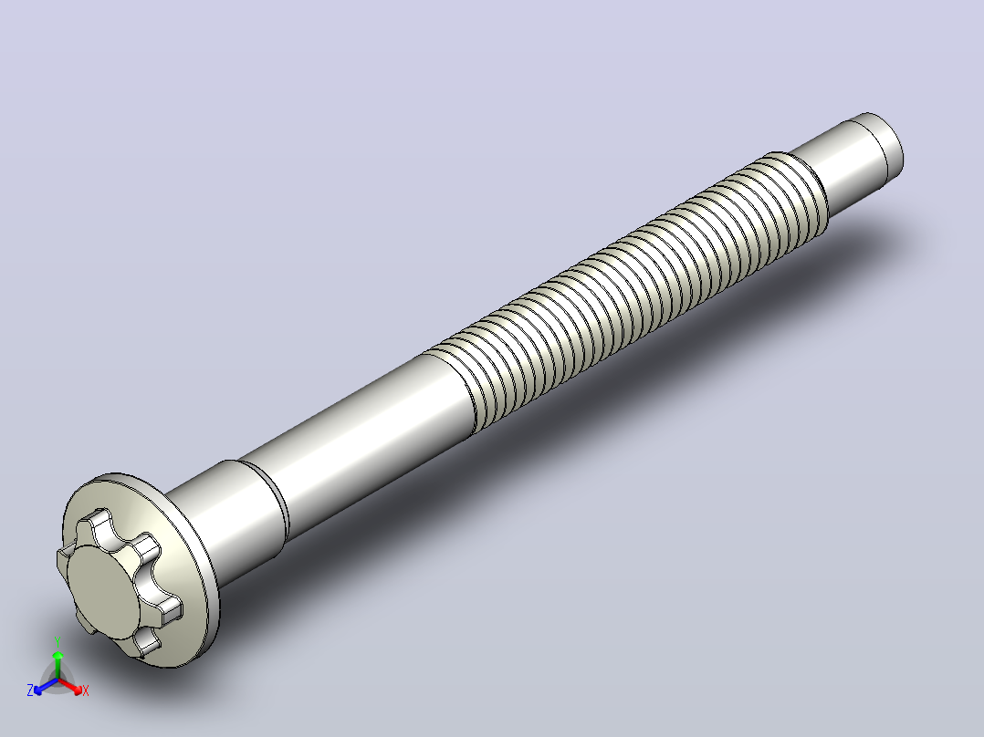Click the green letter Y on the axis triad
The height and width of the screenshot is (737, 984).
(x=58, y=641)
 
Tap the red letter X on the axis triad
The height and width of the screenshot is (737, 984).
(x=86, y=690)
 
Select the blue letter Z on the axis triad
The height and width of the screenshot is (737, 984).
(x=29, y=690)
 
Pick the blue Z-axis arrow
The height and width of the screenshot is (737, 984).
(x=46, y=686)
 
